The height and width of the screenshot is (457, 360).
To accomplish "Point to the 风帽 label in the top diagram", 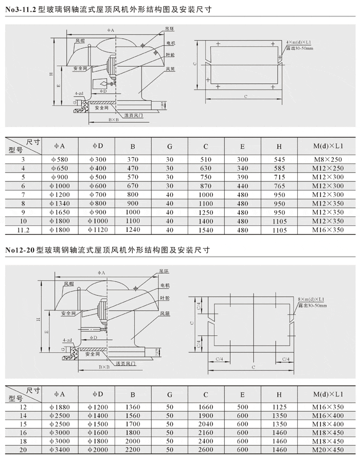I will pos(80,40).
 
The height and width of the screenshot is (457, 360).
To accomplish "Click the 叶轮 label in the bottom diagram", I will pos(165,298).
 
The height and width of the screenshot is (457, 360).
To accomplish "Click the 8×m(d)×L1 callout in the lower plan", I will pos(312,299).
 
